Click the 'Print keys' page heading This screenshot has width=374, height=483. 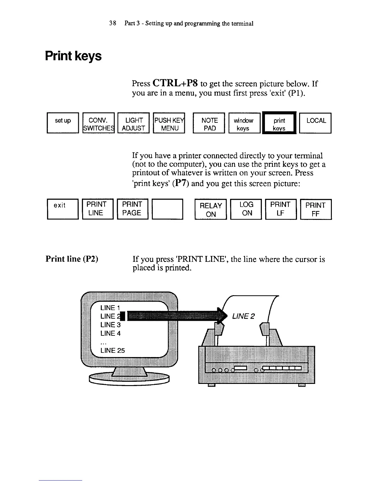[73, 56]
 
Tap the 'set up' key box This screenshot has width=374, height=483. [63, 123]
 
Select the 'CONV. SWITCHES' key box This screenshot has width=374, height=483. [98, 123]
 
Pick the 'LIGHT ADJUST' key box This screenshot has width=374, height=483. [133, 123]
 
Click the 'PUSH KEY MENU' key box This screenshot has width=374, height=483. [169, 123]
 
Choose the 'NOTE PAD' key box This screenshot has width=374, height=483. [210, 123]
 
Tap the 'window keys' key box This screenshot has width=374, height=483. [244, 123]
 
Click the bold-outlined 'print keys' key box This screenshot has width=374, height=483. [280, 123]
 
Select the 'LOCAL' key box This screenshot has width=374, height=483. [315, 123]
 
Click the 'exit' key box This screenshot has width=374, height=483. [63, 209]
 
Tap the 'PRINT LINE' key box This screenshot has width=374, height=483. [98, 209]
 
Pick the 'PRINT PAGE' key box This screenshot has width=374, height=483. [133, 209]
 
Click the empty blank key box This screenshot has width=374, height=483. [167, 209]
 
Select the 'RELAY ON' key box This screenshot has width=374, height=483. [211, 209]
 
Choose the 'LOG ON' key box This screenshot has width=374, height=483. [246, 209]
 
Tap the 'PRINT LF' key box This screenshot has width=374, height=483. [280, 209]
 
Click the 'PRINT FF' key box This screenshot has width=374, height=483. [316, 209]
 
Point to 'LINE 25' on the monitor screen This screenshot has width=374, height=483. [112, 351]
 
